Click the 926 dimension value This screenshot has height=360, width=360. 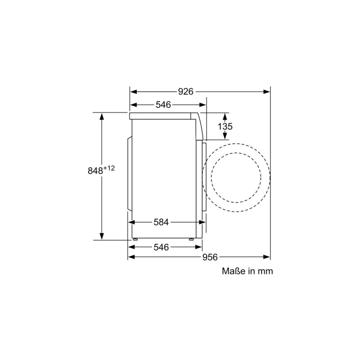pos(185,91)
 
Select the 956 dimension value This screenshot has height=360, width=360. pos(210,257)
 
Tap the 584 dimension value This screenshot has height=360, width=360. pos(161,222)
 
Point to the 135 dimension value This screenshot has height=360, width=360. pos(225,127)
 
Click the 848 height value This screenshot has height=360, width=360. pos(95,171)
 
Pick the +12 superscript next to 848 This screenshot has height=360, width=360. pos(109,168)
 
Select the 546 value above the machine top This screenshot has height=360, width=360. pos(163,105)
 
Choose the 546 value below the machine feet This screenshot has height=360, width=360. pos(161,247)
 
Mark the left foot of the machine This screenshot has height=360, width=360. pos(134,240)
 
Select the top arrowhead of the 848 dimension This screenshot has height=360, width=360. pos(102,116)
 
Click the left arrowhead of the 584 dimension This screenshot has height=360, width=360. pos(131,222)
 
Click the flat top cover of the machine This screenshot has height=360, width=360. pos(162,116)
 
